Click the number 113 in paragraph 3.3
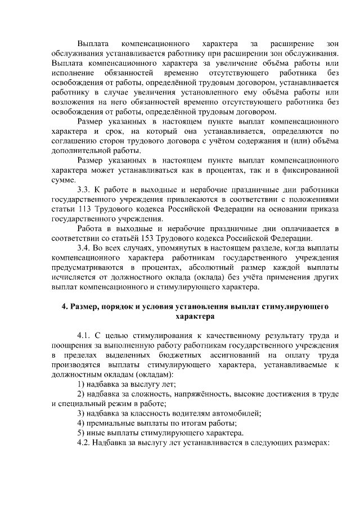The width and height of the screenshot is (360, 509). [79, 210]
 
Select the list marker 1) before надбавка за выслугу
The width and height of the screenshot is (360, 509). [81, 384]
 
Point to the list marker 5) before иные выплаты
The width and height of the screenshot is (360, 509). [81, 433]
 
